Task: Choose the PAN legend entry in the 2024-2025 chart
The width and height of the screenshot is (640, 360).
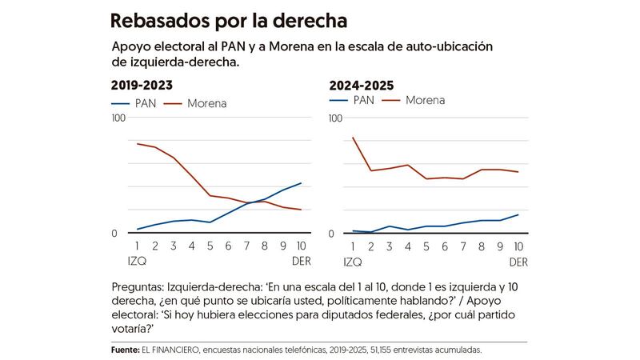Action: [x=353, y=101]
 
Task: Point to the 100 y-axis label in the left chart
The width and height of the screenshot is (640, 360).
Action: [x=120, y=118]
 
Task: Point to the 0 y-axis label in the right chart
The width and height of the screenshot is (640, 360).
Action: [x=333, y=234]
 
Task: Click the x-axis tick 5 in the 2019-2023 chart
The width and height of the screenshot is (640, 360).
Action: [x=210, y=247]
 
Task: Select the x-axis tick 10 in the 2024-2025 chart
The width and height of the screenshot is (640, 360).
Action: [x=518, y=247]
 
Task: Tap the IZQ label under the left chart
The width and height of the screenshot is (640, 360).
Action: [x=137, y=262]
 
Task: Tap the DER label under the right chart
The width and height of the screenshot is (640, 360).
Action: [x=518, y=262]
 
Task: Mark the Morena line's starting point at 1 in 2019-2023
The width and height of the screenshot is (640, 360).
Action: [x=138, y=144]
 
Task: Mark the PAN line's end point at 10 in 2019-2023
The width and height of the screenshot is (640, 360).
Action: [x=301, y=183]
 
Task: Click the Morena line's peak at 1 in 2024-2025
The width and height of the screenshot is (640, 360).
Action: [x=353, y=138]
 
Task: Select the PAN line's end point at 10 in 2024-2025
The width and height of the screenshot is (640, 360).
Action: [x=518, y=214]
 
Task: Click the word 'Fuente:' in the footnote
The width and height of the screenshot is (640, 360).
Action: [x=127, y=350]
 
